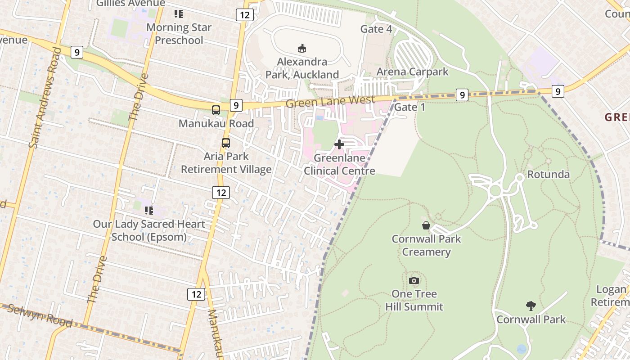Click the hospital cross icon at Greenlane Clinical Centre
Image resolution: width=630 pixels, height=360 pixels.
339,144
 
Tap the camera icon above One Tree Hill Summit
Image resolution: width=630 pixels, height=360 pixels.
414,281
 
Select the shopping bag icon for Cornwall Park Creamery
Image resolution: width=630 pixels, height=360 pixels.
426,225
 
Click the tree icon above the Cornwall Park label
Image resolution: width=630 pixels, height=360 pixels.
531,306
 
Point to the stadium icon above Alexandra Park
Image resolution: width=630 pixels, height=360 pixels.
302,48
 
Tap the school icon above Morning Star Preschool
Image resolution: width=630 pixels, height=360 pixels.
179,14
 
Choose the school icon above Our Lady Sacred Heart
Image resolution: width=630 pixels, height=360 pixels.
149,210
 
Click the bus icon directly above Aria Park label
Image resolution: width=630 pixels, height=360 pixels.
226,143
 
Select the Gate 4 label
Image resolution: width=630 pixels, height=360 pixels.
376,29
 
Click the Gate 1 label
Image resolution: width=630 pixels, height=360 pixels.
409,107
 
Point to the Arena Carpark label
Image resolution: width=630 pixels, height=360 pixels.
412,72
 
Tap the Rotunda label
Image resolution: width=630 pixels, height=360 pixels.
548,175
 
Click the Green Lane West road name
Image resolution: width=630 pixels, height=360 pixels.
330,101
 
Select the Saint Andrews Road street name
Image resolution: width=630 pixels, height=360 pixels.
44,98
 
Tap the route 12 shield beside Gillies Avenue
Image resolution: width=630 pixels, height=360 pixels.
244,15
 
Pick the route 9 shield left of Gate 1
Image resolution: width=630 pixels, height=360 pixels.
462,95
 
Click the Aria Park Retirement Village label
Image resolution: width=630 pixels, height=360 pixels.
226,163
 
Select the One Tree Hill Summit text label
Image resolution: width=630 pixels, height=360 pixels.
414,300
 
